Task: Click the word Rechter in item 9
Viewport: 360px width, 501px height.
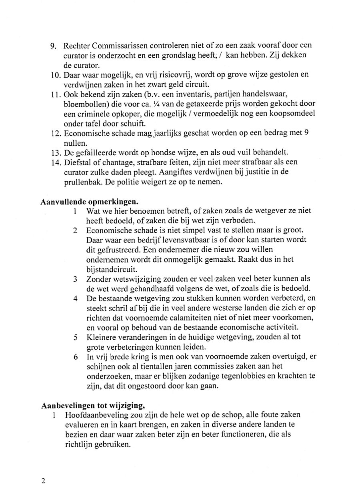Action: (x=77, y=46)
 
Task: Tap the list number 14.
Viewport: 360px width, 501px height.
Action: (x=56, y=162)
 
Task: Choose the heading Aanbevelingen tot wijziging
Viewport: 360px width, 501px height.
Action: (x=93, y=405)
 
